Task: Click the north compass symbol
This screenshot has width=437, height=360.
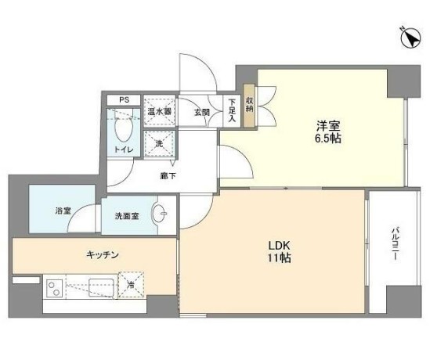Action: (x=407, y=37)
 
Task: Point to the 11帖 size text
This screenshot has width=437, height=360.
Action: (x=279, y=257)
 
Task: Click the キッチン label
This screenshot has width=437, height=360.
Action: (x=103, y=254)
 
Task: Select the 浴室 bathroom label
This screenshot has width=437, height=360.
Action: (x=63, y=211)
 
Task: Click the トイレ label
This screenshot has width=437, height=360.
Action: (x=123, y=149)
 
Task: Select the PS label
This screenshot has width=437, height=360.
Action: (x=123, y=100)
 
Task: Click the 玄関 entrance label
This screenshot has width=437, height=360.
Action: (x=201, y=112)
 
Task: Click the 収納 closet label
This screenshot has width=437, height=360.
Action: (x=249, y=103)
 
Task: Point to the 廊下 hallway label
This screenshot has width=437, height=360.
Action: (x=168, y=175)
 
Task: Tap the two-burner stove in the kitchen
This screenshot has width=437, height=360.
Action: (x=57, y=289)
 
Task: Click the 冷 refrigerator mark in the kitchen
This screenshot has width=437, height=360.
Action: (x=132, y=286)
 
